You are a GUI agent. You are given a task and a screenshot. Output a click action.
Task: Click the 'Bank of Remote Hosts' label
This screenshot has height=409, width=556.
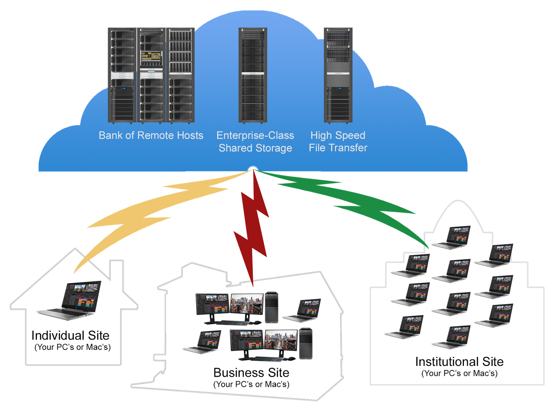click(x=151, y=135)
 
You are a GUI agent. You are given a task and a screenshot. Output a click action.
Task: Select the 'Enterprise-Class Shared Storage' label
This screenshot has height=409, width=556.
click(x=255, y=141)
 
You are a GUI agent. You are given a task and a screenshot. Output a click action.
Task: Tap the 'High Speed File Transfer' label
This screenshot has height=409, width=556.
click(x=338, y=141)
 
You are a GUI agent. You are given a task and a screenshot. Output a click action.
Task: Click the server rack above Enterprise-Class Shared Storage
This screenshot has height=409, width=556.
click(x=253, y=75)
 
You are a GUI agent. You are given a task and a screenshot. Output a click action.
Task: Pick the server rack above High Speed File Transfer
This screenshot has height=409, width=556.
click(x=338, y=75)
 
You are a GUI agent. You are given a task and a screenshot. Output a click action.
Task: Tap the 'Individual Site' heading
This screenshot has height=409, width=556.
click(x=70, y=335)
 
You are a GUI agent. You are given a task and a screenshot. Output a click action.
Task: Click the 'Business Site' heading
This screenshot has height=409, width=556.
click(x=251, y=373)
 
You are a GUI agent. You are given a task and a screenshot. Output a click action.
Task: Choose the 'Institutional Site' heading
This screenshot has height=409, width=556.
click(x=459, y=362)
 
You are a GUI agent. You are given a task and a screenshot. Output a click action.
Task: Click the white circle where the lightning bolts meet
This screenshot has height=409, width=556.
click(x=253, y=171)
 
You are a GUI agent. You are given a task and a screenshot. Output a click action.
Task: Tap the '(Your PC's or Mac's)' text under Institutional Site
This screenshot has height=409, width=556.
click(x=459, y=374)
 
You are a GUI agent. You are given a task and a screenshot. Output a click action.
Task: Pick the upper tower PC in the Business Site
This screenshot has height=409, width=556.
click(x=271, y=308)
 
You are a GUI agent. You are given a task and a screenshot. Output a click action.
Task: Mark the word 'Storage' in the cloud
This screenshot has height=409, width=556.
click(x=273, y=148)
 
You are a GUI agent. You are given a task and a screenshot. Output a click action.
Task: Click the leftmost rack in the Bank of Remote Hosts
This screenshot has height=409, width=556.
click(x=122, y=75)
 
